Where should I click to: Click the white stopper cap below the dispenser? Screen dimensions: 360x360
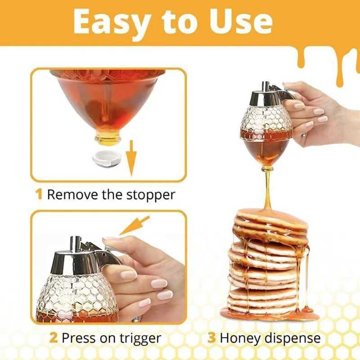click(106, 159)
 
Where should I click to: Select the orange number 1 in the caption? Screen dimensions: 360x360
click(39, 195)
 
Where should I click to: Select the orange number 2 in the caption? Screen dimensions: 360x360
click(54, 338)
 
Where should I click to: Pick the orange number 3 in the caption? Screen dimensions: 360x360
click(211, 338)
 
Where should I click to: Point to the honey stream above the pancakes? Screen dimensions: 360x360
click(268, 189)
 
